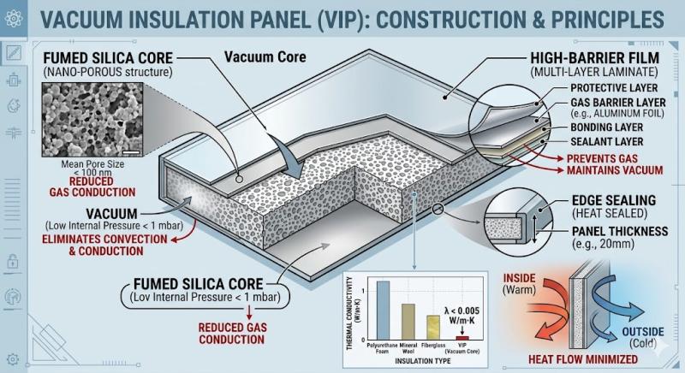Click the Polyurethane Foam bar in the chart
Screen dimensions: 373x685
tap(383, 310)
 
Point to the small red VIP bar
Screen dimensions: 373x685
tap(463, 338)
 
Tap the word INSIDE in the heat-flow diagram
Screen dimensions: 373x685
tap(519, 276)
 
